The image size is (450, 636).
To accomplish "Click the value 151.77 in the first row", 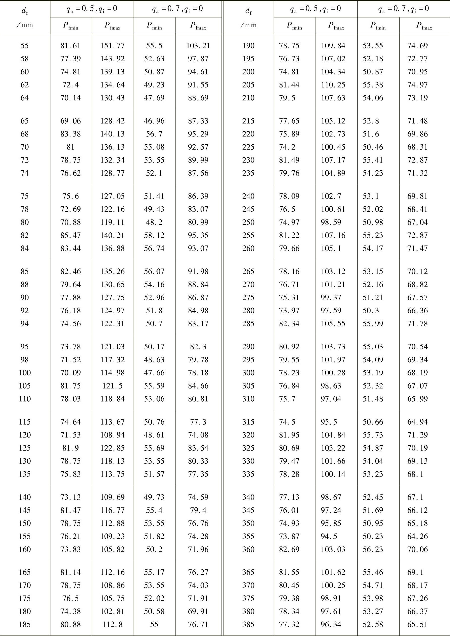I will [113, 46].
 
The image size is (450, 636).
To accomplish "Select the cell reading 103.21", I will [198, 46].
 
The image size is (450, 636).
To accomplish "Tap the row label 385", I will [248, 624].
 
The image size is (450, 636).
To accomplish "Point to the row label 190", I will [248, 46].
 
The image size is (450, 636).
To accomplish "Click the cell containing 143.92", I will [113, 59].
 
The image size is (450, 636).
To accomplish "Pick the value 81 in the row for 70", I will [71, 147].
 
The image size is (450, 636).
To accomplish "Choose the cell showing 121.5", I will [113, 386].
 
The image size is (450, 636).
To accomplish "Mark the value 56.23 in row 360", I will [373, 549].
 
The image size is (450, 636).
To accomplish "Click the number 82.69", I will [289, 549].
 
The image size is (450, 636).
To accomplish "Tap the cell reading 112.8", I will [113, 624].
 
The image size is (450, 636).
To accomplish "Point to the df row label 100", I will [25, 373].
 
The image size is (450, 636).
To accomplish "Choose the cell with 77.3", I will [198, 422].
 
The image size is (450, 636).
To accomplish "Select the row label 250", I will [248, 223].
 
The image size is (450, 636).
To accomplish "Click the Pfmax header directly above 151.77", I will [113, 26].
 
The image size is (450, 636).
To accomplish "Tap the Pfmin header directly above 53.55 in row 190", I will [378, 26].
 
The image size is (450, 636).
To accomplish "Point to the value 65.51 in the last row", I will [417, 624].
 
